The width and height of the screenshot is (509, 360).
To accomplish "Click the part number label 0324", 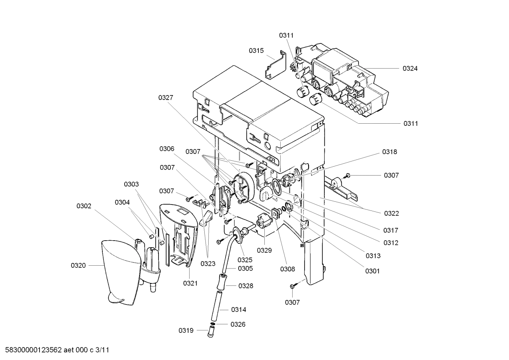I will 410,69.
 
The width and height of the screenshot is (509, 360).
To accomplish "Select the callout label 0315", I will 256,51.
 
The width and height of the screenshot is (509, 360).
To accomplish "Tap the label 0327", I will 166,98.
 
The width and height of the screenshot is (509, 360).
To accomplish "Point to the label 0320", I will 78,265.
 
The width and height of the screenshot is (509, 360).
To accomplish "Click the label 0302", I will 84,206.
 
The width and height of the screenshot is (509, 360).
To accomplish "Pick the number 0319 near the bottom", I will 186,330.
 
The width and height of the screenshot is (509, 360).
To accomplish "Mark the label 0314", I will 239,309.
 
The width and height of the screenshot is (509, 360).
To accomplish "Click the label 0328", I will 246,286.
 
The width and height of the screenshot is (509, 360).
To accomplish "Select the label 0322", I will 391,213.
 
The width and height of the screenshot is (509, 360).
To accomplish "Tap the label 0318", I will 389,152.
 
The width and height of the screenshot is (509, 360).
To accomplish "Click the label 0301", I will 372,271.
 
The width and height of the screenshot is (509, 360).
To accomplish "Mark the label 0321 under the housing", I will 190,283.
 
